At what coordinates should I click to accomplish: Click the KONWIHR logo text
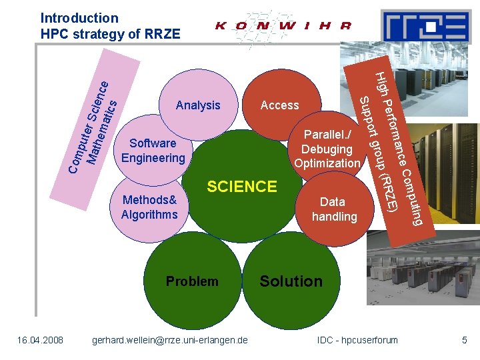283,27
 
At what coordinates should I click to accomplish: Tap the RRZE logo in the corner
425,27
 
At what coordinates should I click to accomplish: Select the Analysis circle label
198,105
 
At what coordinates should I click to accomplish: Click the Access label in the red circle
279,105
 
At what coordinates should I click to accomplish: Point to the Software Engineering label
153,151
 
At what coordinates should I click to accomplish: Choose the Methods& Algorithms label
149,207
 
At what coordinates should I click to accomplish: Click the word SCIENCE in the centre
242,187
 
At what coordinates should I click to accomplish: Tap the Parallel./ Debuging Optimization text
327,149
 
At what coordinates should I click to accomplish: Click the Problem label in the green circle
192,281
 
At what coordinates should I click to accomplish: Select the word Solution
291,281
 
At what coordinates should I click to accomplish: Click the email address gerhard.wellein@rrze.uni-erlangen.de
169,341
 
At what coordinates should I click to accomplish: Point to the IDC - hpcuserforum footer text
358,341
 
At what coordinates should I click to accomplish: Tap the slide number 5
465,341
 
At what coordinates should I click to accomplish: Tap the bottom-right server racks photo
420,273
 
